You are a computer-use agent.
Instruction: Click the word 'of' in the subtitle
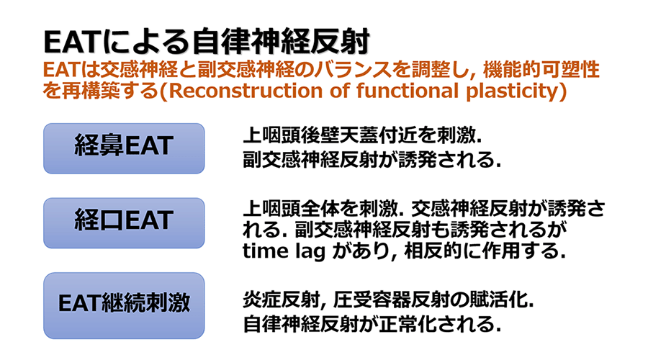click(330, 93)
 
